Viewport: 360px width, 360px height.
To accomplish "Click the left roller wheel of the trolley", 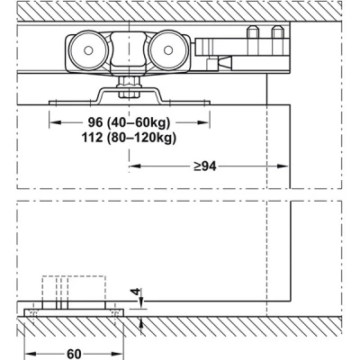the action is click(x=88, y=50).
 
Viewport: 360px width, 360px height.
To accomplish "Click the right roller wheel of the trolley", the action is click(x=168, y=50).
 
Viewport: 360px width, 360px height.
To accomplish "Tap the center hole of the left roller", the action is click(x=88, y=50).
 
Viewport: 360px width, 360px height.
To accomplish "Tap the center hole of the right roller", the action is click(x=168, y=50).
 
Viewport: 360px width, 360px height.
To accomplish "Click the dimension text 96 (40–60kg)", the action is click(x=129, y=122).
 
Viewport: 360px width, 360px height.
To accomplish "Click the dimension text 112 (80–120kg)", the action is click(x=129, y=138).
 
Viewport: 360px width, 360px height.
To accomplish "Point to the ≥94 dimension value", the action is click(x=205, y=166).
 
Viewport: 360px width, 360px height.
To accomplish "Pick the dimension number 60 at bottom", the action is click(x=74, y=354).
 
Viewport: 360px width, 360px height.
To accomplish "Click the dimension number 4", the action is click(x=137, y=292).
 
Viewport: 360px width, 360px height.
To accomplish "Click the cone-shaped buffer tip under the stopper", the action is click(x=225, y=62).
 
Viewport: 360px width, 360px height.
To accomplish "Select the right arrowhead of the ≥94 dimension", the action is click(x=283, y=166).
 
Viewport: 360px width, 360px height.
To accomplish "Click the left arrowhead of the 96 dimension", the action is click(x=55, y=122).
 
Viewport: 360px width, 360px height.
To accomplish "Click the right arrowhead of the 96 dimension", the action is click(x=203, y=122).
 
